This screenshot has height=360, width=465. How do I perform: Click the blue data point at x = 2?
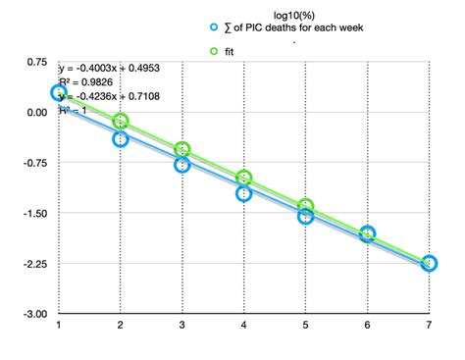pyautogui.click(x=120, y=138)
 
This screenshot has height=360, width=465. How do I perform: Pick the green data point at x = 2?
pyautogui.click(x=120, y=122)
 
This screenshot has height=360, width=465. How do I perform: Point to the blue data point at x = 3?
pyautogui.click(x=181, y=165)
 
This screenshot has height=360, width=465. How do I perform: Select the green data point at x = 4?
pyautogui.click(x=243, y=179)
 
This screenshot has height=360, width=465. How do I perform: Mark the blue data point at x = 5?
pyautogui.click(x=305, y=216)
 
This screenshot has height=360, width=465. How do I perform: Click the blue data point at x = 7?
pyautogui.click(x=429, y=264)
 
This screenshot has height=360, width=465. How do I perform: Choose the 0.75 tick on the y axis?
pyautogui.click(x=36, y=62)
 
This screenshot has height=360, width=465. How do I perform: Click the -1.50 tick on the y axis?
pyautogui.click(x=33, y=213)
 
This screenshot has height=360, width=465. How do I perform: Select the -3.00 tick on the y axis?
pyautogui.click(x=33, y=314)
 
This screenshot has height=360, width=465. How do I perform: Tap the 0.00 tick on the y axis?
pyautogui.click(x=36, y=112)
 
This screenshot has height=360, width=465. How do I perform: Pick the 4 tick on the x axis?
pyautogui.click(x=243, y=325)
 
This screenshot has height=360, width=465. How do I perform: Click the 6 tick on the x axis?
pyautogui.click(x=367, y=325)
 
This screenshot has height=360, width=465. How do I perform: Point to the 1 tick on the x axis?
pyautogui.click(x=59, y=325)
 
